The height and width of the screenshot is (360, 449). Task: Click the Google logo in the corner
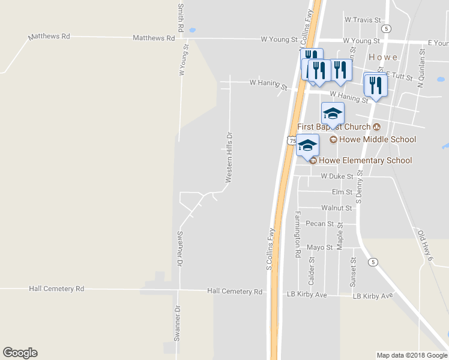pos(20,353)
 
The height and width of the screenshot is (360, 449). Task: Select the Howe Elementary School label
pos(365,160)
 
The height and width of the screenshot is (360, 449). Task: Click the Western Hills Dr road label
pos(229,158)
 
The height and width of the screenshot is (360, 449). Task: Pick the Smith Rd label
pos(180,18)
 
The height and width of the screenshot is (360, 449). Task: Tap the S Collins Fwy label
pos(270,248)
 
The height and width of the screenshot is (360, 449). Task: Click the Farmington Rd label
pos(297,235)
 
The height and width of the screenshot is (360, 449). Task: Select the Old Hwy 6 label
pos(425,246)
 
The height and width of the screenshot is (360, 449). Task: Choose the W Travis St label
pos(363,20)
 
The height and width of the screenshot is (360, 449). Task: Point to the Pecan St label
pos(319,224)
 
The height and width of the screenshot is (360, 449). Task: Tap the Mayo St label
pos(319,247)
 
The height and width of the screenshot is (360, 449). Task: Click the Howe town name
pos(383,57)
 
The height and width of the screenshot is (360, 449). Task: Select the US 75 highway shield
pos(291,141)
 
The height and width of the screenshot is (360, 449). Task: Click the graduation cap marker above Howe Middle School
pos(333,114)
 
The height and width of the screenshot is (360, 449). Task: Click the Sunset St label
pos(354,271)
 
